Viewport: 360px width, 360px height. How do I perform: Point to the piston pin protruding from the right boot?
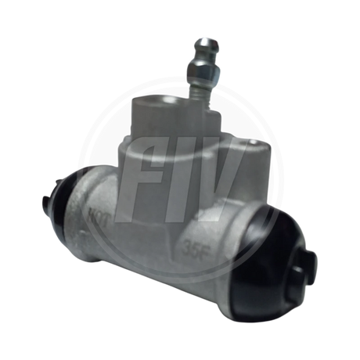click(301, 267)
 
